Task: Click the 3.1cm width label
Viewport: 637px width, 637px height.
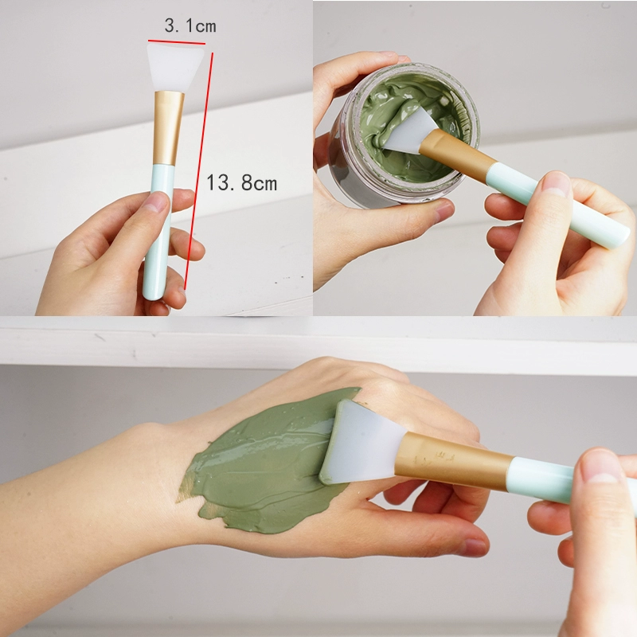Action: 190,25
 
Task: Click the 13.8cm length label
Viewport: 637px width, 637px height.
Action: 242,182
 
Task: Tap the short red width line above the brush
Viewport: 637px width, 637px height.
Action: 177,42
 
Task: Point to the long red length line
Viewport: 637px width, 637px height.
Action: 198,170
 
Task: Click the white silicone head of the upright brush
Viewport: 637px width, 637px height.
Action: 174,68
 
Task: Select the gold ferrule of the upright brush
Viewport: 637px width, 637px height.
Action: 168,127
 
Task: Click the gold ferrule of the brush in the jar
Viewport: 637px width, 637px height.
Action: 457,154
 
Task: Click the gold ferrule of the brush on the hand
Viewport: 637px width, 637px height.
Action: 453,461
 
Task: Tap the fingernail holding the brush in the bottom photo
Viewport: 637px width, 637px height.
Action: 602,467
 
